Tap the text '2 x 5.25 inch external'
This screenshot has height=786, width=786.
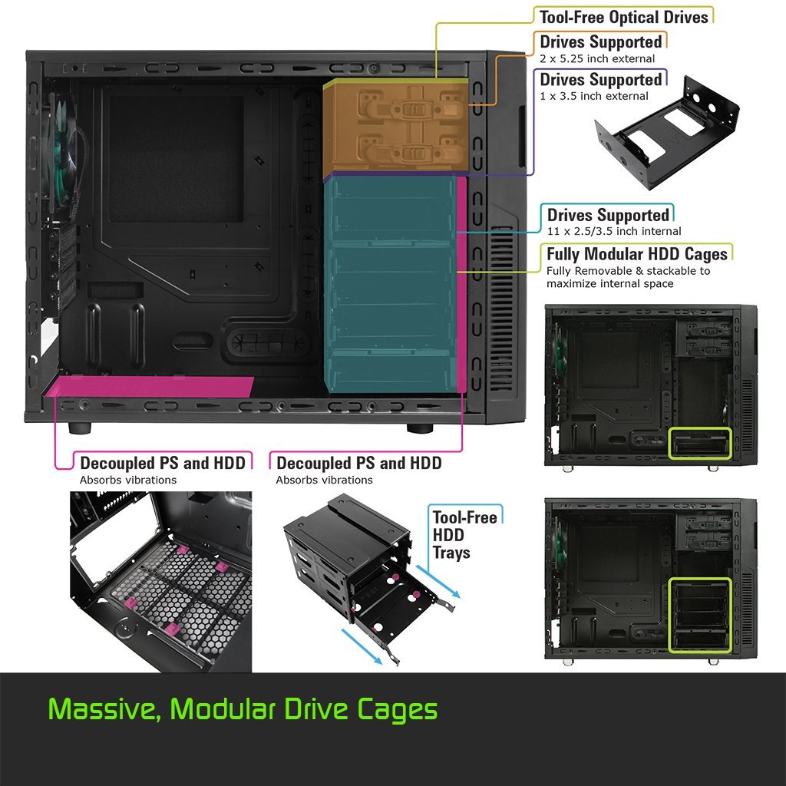click(597, 58)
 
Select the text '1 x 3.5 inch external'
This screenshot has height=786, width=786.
click(594, 96)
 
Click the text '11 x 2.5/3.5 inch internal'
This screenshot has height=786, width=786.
click(614, 231)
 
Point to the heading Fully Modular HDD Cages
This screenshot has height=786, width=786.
click(636, 253)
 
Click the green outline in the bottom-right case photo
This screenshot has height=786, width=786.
click(699, 615)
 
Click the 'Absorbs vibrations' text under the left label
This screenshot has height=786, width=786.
click(128, 480)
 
